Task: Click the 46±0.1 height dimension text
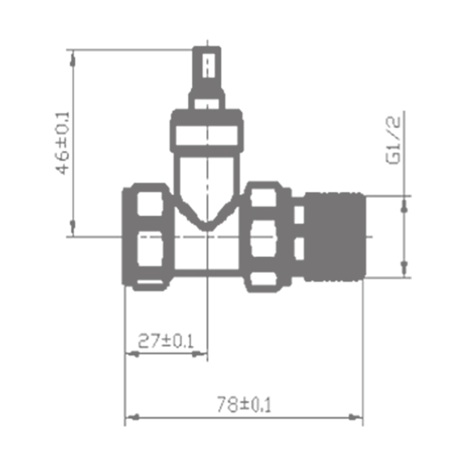point(63,143)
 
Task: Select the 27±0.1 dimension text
point(166,341)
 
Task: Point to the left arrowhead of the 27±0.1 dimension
point(133,354)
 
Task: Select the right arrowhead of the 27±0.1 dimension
point(199,354)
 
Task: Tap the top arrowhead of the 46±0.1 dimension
point(72,58)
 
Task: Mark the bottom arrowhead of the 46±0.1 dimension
point(72,227)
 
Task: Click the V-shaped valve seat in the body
point(207,220)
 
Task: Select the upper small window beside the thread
point(299,215)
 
